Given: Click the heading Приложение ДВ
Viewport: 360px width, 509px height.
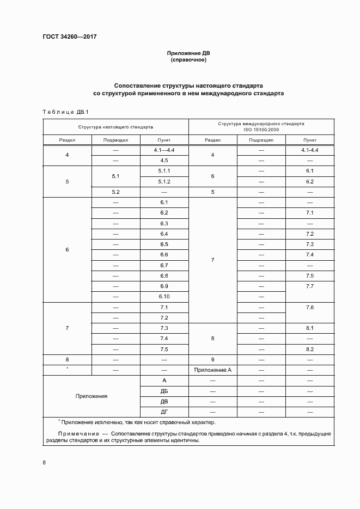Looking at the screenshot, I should coord(188,53).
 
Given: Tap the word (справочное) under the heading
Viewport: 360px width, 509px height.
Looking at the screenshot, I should coord(188,60).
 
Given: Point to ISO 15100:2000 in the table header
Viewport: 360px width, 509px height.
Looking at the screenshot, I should coord(261,130).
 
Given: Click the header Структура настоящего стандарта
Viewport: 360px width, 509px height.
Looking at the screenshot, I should coord(115,126).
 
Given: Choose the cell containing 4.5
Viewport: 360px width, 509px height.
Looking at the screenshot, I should coord(164,161).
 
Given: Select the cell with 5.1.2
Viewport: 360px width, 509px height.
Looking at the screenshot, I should coord(164,181).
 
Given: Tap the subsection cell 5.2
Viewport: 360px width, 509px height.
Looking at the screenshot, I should coord(115,192).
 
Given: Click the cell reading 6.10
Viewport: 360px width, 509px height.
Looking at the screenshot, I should coord(164,296).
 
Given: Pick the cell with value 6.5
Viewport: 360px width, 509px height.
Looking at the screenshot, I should coord(164,244).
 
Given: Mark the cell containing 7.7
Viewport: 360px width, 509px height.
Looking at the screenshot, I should coord(310,286).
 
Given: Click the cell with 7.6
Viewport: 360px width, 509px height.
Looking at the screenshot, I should coord(310,307).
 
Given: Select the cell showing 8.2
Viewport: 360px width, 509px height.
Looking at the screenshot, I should coord(310,348).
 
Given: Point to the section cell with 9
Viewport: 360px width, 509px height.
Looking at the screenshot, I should coord(212,359).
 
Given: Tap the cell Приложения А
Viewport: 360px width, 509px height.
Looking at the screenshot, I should coord(212,370).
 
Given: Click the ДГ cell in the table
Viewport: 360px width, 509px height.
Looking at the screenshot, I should coord(164,411).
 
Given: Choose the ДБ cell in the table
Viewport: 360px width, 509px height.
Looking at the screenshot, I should coord(164,390).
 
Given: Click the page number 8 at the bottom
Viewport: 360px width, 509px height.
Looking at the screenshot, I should coord(44,462).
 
